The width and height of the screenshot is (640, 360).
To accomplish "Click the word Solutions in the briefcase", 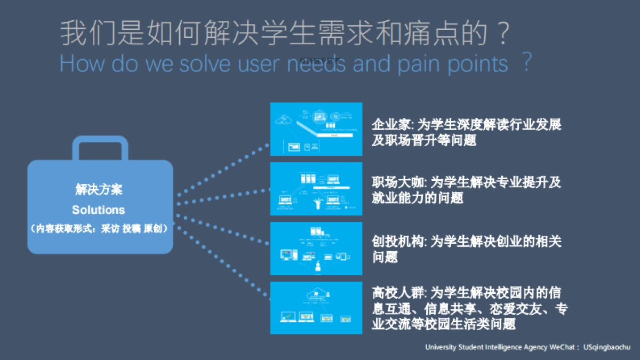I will [x=99, y=210].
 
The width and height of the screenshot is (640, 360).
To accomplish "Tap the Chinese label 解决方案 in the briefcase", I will [x=99, y=190].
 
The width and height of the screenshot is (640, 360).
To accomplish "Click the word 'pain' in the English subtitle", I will [x=419, y=64].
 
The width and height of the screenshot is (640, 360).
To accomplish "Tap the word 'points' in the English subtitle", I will [x=476, y=64].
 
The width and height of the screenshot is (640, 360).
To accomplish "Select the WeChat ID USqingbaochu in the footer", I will [x=607, y=347].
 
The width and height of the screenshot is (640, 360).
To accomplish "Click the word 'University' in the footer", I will [x=440, y=347].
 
